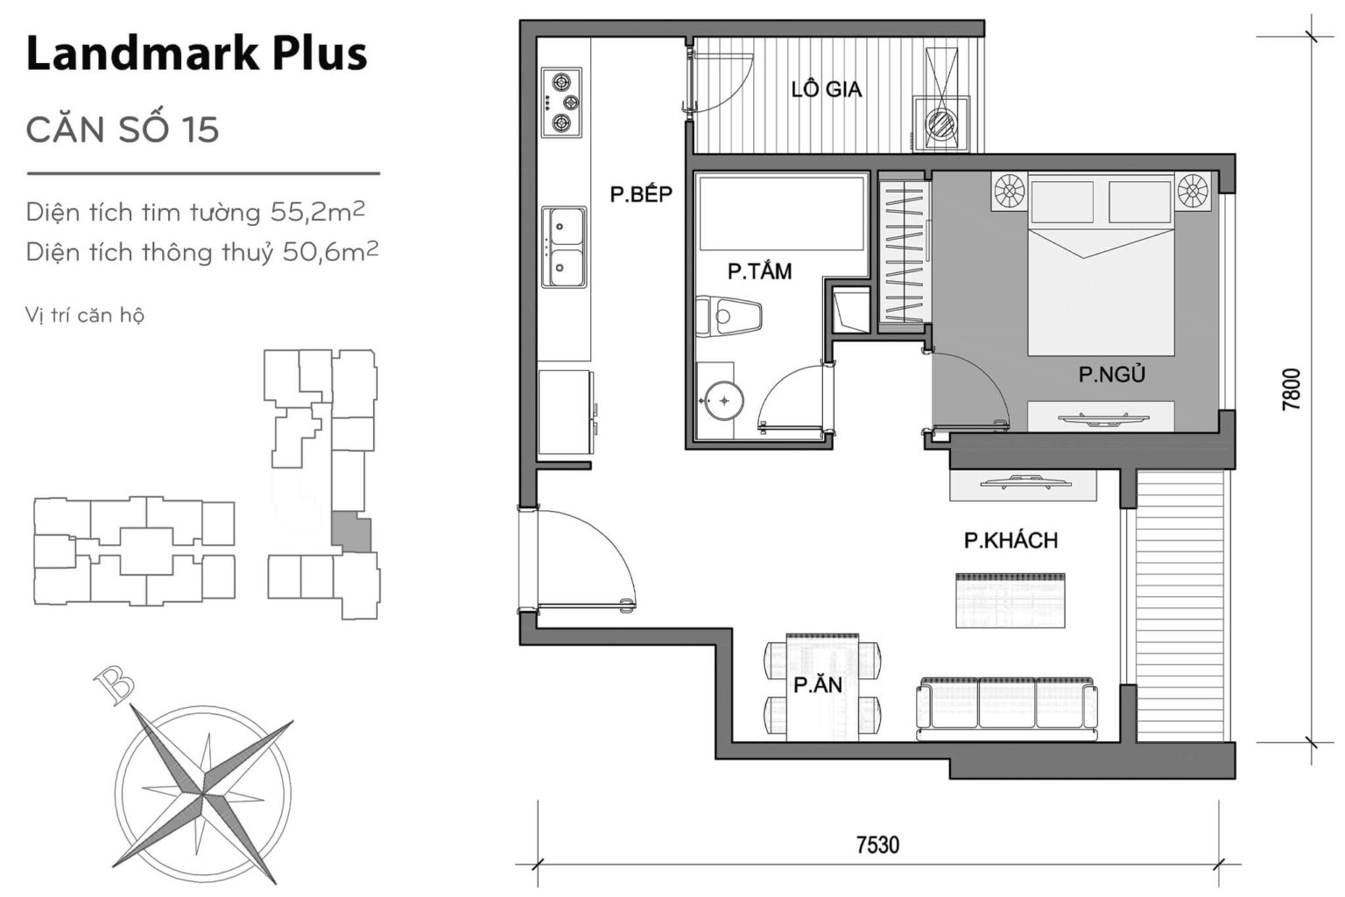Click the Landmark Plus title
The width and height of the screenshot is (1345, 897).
click(196, 54)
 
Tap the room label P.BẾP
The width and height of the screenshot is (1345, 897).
click(641, 194)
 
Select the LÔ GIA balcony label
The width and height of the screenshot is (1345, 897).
click(826, 89)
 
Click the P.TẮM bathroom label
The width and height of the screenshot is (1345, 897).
click(759, 271)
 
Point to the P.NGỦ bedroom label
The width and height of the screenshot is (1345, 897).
click(1111, 375)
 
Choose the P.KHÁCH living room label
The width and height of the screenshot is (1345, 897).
click(1011, 541)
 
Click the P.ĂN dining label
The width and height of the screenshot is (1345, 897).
click(818, 685)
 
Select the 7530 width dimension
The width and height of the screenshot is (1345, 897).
click(877, 844)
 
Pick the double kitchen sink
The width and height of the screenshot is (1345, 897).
click(563, 248)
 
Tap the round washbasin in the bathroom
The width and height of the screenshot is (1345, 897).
click(723, 401)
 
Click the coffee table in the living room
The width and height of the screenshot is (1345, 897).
click(1010, 600)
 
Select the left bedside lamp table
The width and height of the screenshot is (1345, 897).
click(1008, 191)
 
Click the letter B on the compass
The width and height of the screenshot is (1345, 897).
click(114, 683)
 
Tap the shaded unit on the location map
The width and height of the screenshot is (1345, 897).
click(351, 533)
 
